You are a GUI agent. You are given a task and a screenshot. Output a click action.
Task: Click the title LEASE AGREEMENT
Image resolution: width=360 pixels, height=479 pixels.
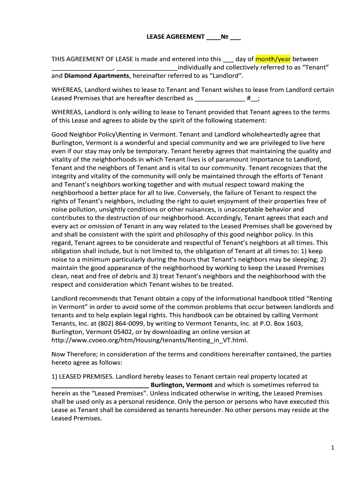[x=176, y=36]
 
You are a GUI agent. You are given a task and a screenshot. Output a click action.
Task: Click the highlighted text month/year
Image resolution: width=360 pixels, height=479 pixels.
[x=273, y=59]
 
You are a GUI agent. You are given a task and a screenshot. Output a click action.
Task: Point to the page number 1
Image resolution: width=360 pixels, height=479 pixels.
[x=332, y=448]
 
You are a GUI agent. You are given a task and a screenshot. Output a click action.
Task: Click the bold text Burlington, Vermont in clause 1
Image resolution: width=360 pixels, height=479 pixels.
[x=181, y=385]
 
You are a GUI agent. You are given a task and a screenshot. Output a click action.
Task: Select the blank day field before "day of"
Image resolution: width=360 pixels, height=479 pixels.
[x=228, y=60]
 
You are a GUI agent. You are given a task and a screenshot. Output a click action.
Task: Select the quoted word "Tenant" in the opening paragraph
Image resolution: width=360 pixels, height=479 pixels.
[x=319, y=67]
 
